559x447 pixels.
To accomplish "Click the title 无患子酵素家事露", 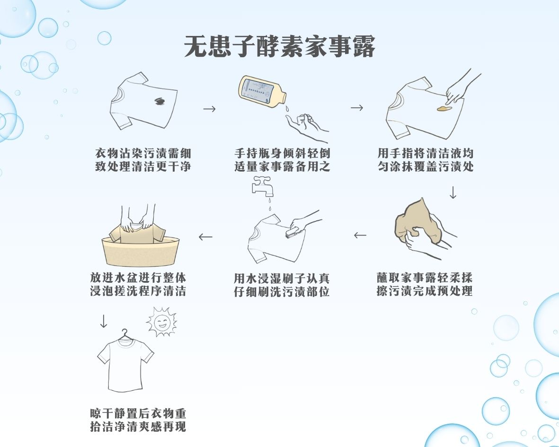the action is click(x=279, y=46).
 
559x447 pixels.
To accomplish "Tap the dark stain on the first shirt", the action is click(x=160, y=102).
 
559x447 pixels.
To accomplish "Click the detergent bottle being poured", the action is click(x=262, y=90).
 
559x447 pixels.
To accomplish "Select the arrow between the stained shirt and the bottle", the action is click(x=209, y=109).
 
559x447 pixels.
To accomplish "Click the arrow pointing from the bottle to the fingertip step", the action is click(x=357, y=107).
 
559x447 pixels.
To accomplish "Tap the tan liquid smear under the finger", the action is click(x=445, y=108).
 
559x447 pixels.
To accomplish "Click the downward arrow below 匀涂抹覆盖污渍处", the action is click(x=453, y=193).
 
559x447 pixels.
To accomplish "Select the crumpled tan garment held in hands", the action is click(x=417, y=223).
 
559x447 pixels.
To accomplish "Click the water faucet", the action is click(x=262, y=185).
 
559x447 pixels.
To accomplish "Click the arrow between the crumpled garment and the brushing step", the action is click(x=360, y=235).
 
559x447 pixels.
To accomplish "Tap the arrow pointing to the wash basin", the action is click(x=206, y=237).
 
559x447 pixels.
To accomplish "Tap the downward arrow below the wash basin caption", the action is click(x=103, y=321).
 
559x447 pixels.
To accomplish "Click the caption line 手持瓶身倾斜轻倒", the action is click(x=282, y=154).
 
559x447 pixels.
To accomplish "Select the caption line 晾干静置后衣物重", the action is click(x=138, y=413).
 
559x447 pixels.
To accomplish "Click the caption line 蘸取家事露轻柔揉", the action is click(x=425, y=278).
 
